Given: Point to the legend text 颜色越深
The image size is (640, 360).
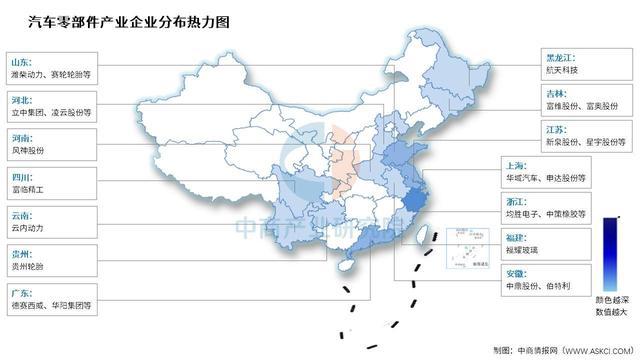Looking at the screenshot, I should pos(608,300).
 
